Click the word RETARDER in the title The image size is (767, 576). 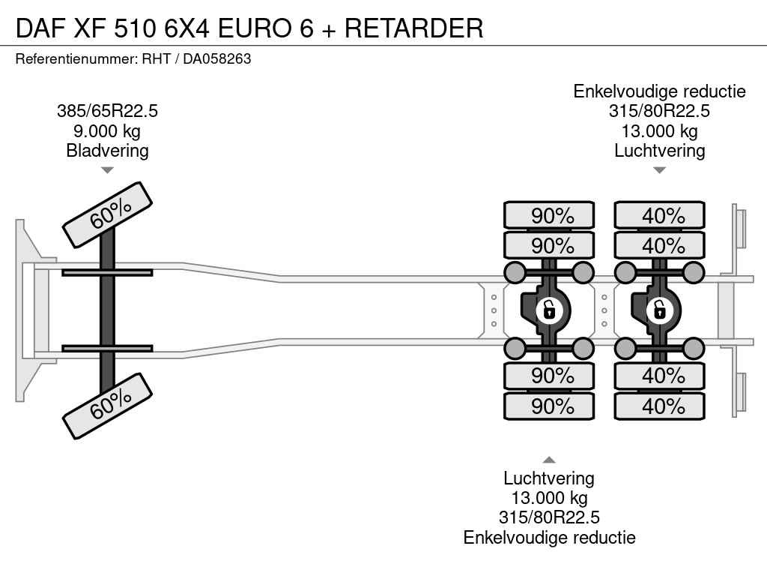[x=414, y=28]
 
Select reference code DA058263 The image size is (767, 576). [x=217, y=58]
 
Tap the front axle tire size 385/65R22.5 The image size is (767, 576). [x=107, y=112]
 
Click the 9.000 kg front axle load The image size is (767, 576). [x=107, y=131]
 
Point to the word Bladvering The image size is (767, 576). [x=107, y=151]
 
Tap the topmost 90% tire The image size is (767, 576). [x=549, y=216]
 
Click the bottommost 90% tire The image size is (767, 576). [x=549, y=406]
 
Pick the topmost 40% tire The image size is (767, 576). [x=660, y=216]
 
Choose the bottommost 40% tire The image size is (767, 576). [x=660, y=406]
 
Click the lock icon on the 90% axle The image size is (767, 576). [x=549, y=308]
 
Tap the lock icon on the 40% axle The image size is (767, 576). [x=660, y=308]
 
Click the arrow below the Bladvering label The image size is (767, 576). [x=107, y=170]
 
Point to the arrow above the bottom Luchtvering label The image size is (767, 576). [x=549, y=460]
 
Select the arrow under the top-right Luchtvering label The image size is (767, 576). [x=659, y=170]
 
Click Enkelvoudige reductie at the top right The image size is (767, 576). [x=659, y=91]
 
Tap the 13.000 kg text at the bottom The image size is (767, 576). [x=549, y=498]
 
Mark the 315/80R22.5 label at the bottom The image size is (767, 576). [x=549, y=517]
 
